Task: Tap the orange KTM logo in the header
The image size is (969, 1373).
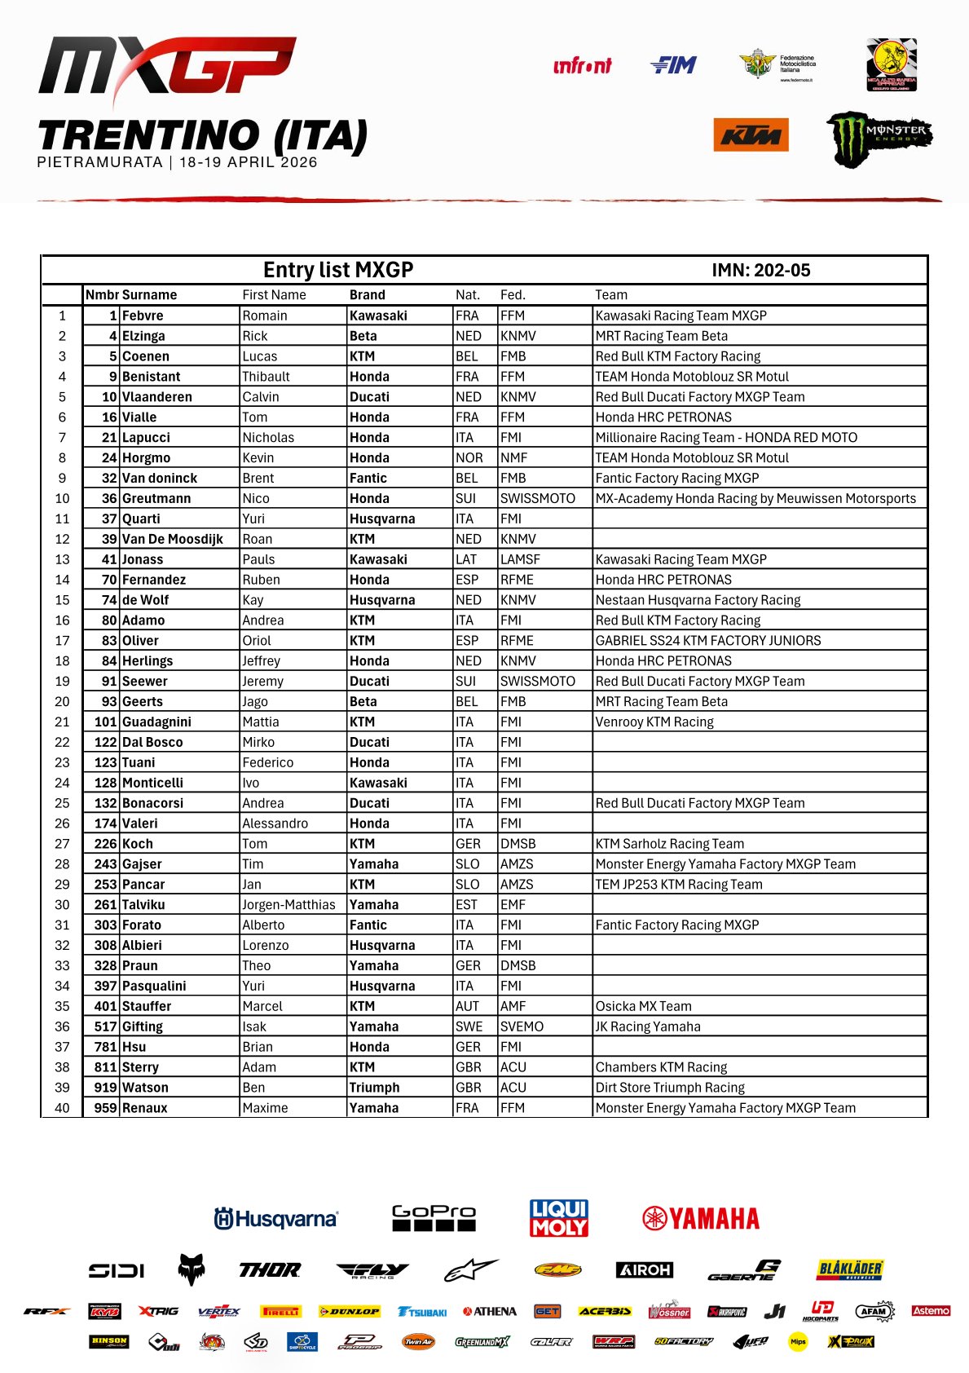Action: click(751, 135)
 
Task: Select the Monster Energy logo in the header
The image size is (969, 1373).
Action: click(879, 138)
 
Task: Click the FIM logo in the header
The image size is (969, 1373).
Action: click(673, 65)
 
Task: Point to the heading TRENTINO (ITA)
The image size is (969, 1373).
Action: click(203, 136)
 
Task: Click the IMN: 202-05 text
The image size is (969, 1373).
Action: click(760, 271)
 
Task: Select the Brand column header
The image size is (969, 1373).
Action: click(368, 295)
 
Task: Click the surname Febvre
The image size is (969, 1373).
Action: click(143, 316)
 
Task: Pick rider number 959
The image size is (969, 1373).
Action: click(105, 1108)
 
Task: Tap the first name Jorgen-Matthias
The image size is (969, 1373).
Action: click(288, 905)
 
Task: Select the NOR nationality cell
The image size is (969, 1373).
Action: click(469, 458)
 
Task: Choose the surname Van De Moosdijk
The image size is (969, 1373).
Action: click(172, 539)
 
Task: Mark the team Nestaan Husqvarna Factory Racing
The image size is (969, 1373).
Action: click(698, 600)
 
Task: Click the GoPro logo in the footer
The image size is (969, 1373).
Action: click(433, 1218)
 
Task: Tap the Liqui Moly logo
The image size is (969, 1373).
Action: click(559, 1218)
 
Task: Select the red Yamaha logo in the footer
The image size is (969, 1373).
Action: click(701, 1218)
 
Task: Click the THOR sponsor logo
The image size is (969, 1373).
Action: click(270, 1270)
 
